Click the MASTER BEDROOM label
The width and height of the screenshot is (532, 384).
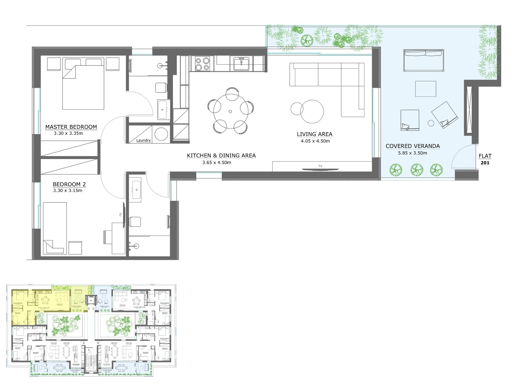[x=71, y=127]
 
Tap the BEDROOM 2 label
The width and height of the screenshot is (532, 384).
[x=69, y=184]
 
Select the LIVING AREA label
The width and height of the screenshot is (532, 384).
[x=315, y=134]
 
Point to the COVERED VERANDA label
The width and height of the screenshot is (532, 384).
[x=413, y=146]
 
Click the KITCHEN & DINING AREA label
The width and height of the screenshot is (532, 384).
[x=221, y=156]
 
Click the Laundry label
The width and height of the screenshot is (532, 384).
[x=143, y=140]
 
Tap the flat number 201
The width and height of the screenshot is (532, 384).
[x=485, y=163]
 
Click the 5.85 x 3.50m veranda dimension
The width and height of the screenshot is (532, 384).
[x=413, y=153]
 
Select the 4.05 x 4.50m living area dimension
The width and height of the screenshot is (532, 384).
[x=315, y=141]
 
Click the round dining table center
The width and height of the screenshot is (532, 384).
[x=230, y=111]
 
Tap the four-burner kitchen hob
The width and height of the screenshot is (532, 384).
[x=202, y=64]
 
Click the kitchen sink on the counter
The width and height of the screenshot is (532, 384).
[x=242, y=64]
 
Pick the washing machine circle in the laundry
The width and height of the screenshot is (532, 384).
[x=161, y=134]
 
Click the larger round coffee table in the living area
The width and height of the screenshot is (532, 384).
[x=312, y=111]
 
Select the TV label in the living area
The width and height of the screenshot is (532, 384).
[x=320, y=166]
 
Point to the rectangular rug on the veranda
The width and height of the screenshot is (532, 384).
[x=426, y=89]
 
